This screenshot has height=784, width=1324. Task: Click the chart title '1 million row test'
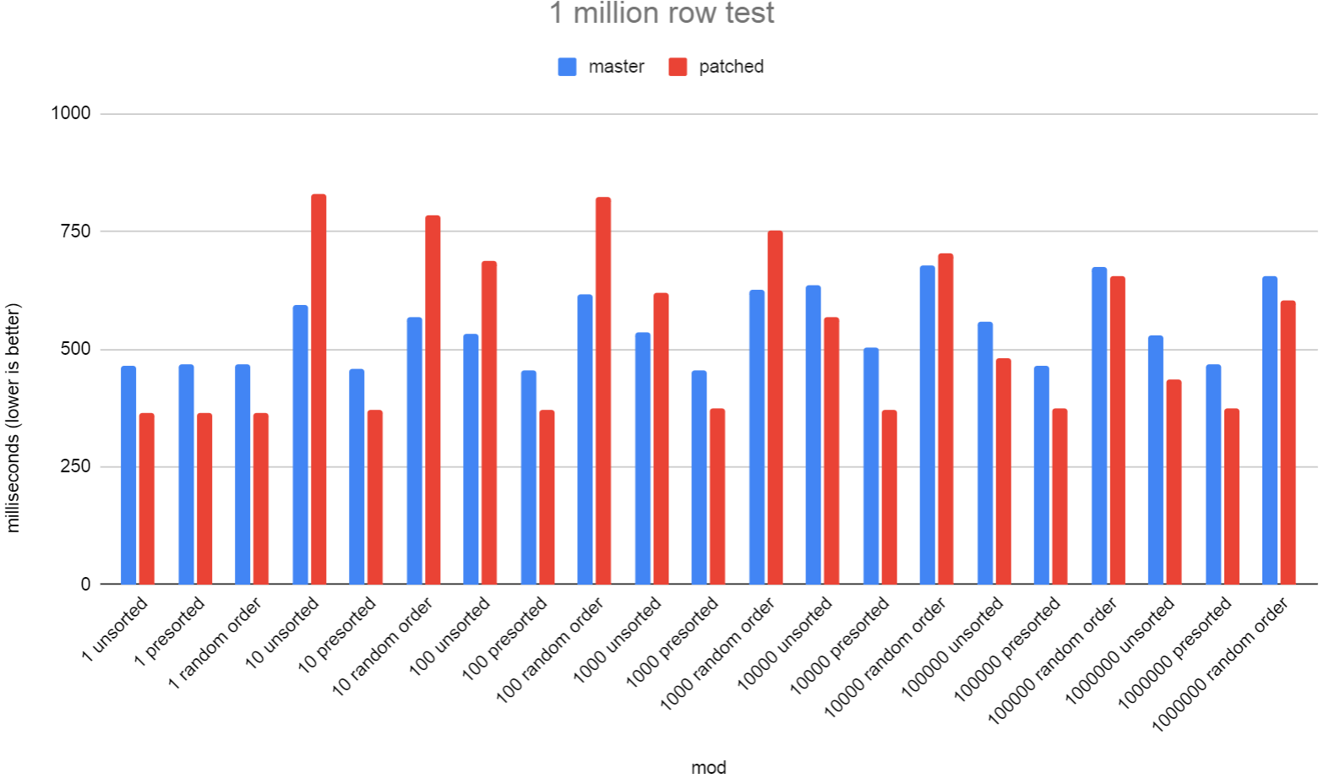(662, 14)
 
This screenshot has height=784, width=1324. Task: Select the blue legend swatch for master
(567, 67)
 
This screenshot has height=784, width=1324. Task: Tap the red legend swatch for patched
(678, 67)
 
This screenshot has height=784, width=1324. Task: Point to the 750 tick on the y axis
(70, 231)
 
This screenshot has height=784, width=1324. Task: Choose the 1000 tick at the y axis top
(70, 113)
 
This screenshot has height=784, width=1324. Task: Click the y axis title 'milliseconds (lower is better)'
(14, 418)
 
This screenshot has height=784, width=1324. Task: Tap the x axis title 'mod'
(708, 767)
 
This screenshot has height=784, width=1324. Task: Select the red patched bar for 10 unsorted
(319, 389)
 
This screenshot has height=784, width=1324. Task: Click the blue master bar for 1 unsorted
(128, 475)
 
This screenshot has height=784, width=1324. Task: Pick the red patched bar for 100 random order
(603, 390)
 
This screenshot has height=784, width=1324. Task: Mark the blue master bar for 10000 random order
(928, 425)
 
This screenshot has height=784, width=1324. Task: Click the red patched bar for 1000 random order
(775, 407)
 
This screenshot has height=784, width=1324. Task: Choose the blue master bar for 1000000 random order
(1270, 430)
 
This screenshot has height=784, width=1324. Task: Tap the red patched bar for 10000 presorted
(889, 497)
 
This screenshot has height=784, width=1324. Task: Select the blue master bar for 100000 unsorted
(985, 453)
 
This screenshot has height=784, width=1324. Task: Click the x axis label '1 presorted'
(170, 631)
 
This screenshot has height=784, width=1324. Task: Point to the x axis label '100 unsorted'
(450, 636)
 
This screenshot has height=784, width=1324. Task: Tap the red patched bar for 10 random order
(433, 400)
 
